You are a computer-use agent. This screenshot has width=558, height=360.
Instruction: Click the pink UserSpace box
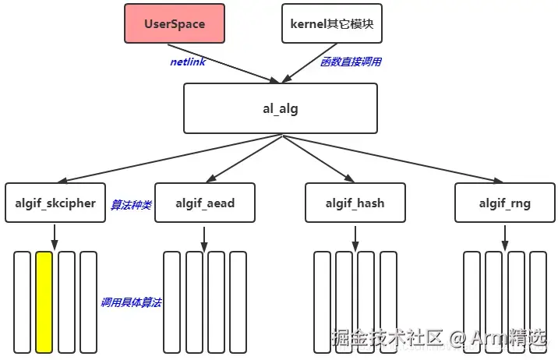(x=175, y=23)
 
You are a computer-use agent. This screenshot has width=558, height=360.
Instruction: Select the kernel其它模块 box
(x=332, y=23)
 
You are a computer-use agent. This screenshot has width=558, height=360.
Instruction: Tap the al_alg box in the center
(x=281, y=108)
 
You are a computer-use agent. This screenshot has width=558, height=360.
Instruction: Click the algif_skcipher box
(x=55, y=203)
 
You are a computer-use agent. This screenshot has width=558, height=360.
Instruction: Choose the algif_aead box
(x=205, y=203)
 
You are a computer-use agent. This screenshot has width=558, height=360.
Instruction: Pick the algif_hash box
(x=355, y=203)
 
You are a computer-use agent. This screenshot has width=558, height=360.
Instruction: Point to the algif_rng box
(x=505, y=203)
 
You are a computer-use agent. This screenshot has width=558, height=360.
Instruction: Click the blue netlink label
(x=188, y=62)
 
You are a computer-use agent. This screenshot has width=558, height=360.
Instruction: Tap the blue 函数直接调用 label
(x=351, y=62)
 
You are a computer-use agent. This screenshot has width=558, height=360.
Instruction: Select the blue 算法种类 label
(x=131, y=205)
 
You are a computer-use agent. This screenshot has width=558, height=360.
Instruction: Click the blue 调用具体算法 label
(x=131, y=302)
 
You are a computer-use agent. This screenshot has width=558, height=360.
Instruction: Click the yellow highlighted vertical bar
(x=44, y=302)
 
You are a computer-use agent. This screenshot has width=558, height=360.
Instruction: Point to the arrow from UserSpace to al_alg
(x=224, y=64)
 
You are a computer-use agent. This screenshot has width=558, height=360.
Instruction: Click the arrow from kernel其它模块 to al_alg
(x=309, y=63)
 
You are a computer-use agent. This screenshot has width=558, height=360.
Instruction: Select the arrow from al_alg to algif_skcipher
(x=170, y=159)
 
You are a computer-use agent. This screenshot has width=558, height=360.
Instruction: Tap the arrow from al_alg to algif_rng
(x=393, y=159)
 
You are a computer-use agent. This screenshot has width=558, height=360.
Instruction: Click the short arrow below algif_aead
(x=204, y=239)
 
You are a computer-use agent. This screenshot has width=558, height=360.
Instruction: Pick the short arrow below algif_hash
(x=355, y=238)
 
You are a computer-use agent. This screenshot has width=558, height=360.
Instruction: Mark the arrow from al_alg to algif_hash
(x=319, y=159)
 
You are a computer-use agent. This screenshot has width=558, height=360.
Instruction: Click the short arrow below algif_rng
(x=505, y=238)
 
